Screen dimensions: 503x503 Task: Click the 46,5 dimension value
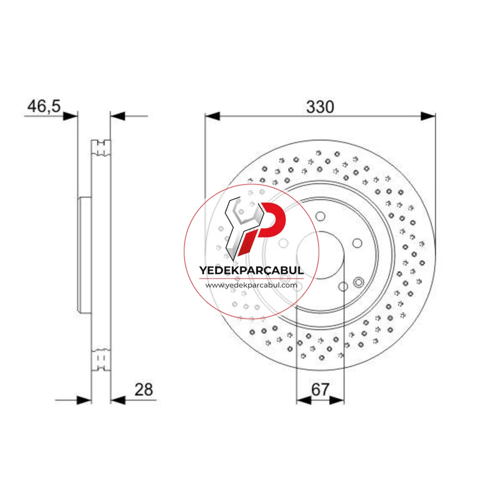pos(44,106)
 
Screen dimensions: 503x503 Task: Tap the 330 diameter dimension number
pos(320,107)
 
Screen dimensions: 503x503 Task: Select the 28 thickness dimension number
pos(143,389)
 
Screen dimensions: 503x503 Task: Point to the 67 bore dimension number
pos(320,389)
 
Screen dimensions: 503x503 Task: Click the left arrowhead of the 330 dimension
pos(212,116)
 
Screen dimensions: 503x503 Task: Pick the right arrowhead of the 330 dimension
pos(428,116)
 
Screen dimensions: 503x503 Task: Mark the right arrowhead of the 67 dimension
pos(337,400)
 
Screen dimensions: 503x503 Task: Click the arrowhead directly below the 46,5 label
pos(70,116)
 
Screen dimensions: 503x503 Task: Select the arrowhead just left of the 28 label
pos(118,400)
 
